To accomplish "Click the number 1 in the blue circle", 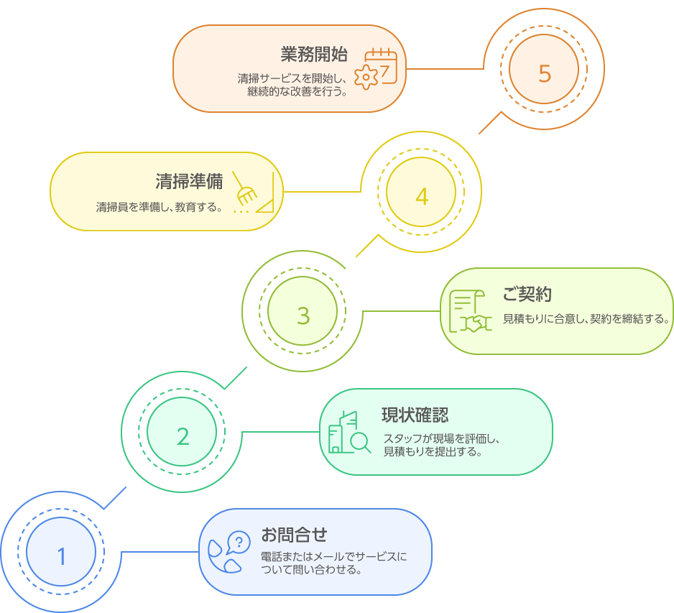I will (x=61, y=556).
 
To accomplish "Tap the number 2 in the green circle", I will (x=183, y=435).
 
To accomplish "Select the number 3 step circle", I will (x=303, y=315).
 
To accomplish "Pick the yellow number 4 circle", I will (x=422, y=195).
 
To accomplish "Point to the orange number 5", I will (x=544, y=73).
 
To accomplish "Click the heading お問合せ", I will (x=294, y=535).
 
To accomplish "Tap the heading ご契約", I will (x=527, y=294).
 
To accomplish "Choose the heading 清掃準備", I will (x=189, y=180).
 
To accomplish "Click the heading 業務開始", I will (x=314, y=55).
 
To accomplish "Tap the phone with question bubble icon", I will (x=228, y=552).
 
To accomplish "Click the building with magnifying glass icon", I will (x=348, y=433).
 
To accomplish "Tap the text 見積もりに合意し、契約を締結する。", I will (x=586, y=318).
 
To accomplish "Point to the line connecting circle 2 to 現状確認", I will (x=280, y=432).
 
